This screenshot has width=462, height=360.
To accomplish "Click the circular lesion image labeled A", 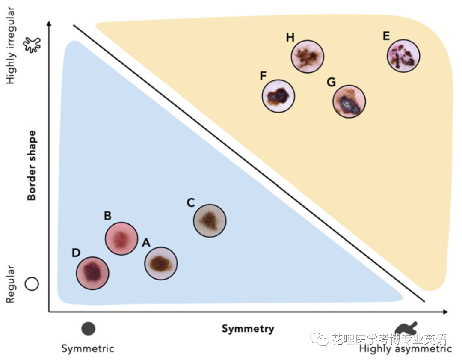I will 160,263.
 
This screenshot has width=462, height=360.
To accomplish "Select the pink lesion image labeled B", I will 121,239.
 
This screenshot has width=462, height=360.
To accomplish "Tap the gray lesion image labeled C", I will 210,220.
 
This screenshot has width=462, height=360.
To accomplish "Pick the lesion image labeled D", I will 92,273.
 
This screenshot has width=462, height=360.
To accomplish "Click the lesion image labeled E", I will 403,56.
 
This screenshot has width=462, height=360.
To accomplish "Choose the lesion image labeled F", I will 278,96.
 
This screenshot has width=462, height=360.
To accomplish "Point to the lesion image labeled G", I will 349,101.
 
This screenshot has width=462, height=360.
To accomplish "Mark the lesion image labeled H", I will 308,56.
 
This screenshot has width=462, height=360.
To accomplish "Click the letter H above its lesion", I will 290,38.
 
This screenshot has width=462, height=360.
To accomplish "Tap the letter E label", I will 386,36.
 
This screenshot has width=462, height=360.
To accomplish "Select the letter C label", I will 191,202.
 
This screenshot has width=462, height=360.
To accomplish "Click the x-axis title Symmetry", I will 248,329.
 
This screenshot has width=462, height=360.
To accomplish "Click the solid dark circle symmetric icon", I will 88,329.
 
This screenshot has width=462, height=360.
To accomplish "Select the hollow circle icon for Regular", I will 32,283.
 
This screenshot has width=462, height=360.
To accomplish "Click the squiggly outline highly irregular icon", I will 33,44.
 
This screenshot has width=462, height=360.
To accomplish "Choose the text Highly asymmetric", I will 405,349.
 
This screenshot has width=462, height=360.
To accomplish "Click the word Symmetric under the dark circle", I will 88,348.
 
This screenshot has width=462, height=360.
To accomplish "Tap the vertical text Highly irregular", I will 10,45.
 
